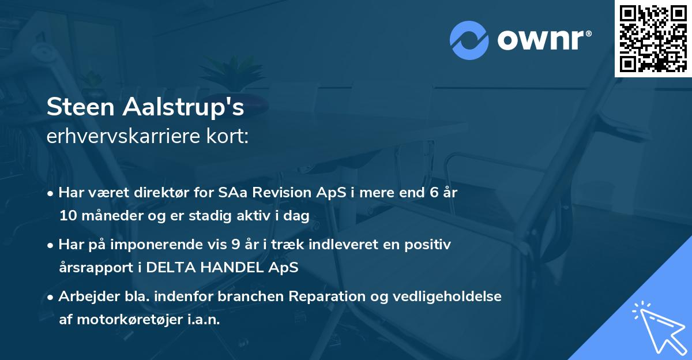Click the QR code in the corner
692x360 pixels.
(x=653, y=38)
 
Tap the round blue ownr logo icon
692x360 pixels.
(x=469, y=40)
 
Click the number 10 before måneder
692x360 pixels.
(x=67, y=216)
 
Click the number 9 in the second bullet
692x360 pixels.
(x=235, y=245)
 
